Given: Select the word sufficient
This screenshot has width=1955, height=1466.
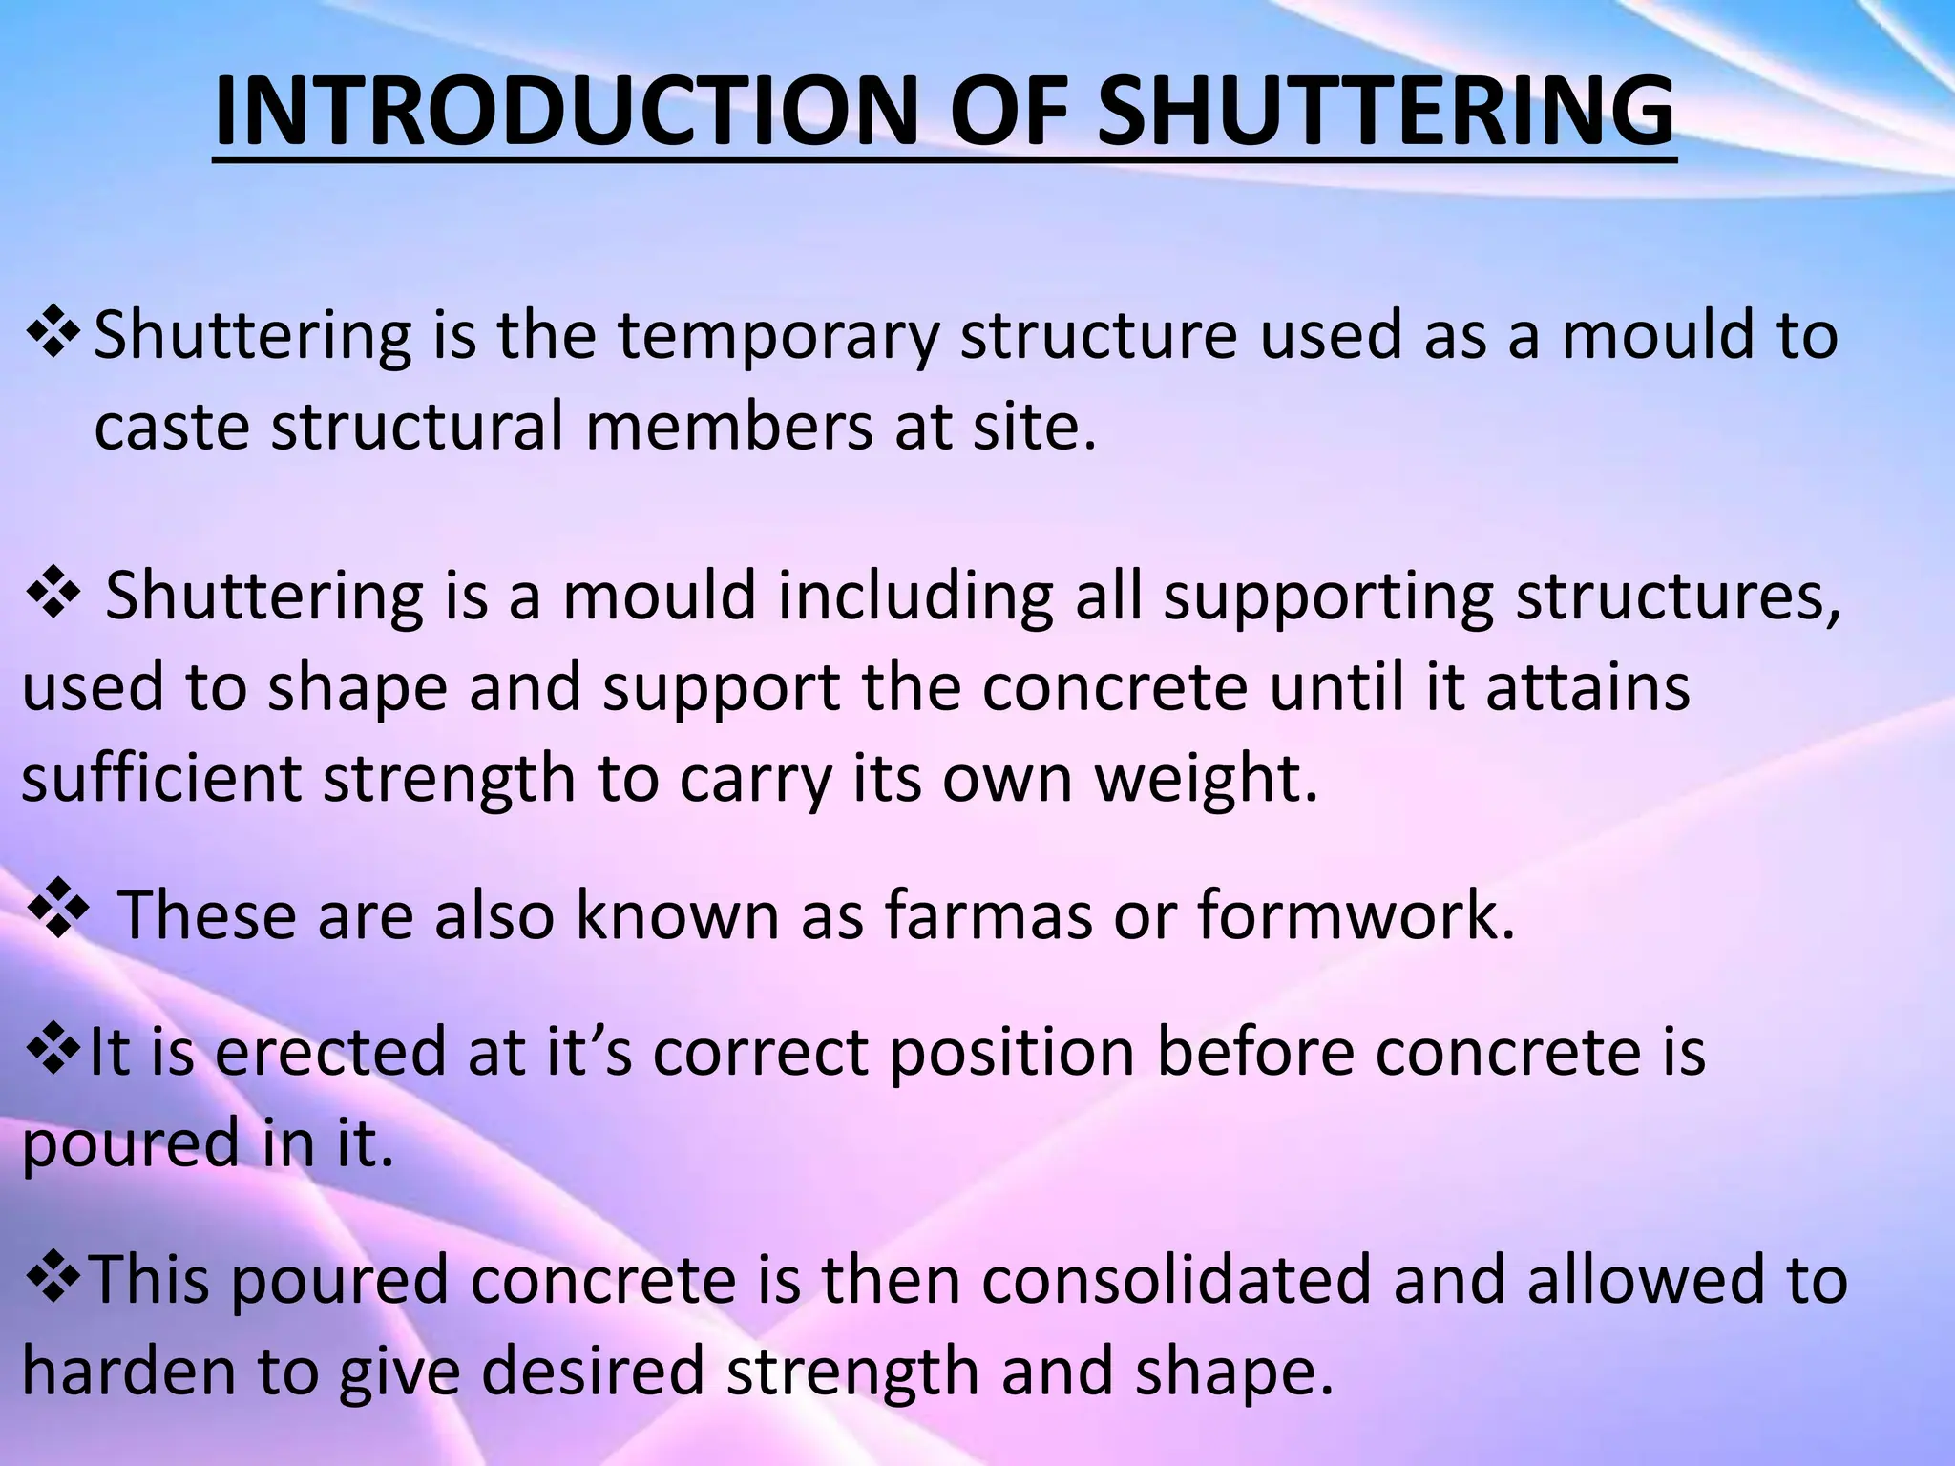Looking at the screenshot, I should tap(162, 778).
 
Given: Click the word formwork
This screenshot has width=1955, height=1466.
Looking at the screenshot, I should tap(1356, 914).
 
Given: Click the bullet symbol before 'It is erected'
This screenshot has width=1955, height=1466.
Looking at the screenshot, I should tap(52, 1047).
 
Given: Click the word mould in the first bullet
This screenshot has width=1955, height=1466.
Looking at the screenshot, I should tap(1656, 336).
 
